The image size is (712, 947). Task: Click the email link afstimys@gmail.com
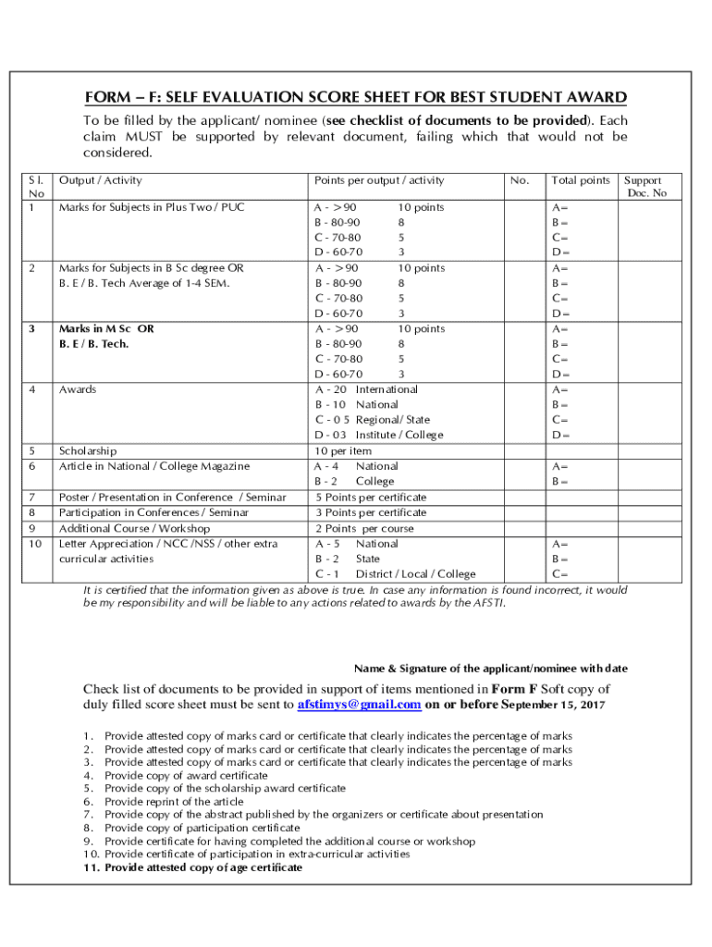pyautogui.click(x=359, y=704)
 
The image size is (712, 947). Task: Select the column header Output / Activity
pyautogui.click(x=101, y=180)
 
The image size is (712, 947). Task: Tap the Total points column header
pyautogui.click(x=581, y=180)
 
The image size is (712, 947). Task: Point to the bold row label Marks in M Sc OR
pyautogui.click(x=106, y=328)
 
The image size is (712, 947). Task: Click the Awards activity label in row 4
pyautogui.click(x=79, y=389)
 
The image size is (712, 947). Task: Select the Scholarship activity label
pyautogui.click(x=88, y=450)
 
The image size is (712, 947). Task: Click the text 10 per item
pyautogui.click(x=343, y=450)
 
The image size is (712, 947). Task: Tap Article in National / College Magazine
pyautogui.click(x=153, y=466)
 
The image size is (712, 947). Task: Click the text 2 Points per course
pyautogui.click(x=363, y=528)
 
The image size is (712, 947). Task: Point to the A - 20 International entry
pyautogui.click(x=366, y=389)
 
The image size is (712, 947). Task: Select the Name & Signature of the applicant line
pyautogui.click(x=491, y=668)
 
